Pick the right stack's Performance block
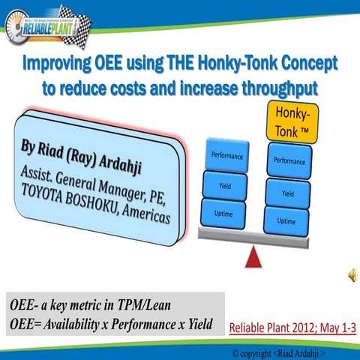coord(289,160)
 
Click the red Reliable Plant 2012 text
coord(289,328)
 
